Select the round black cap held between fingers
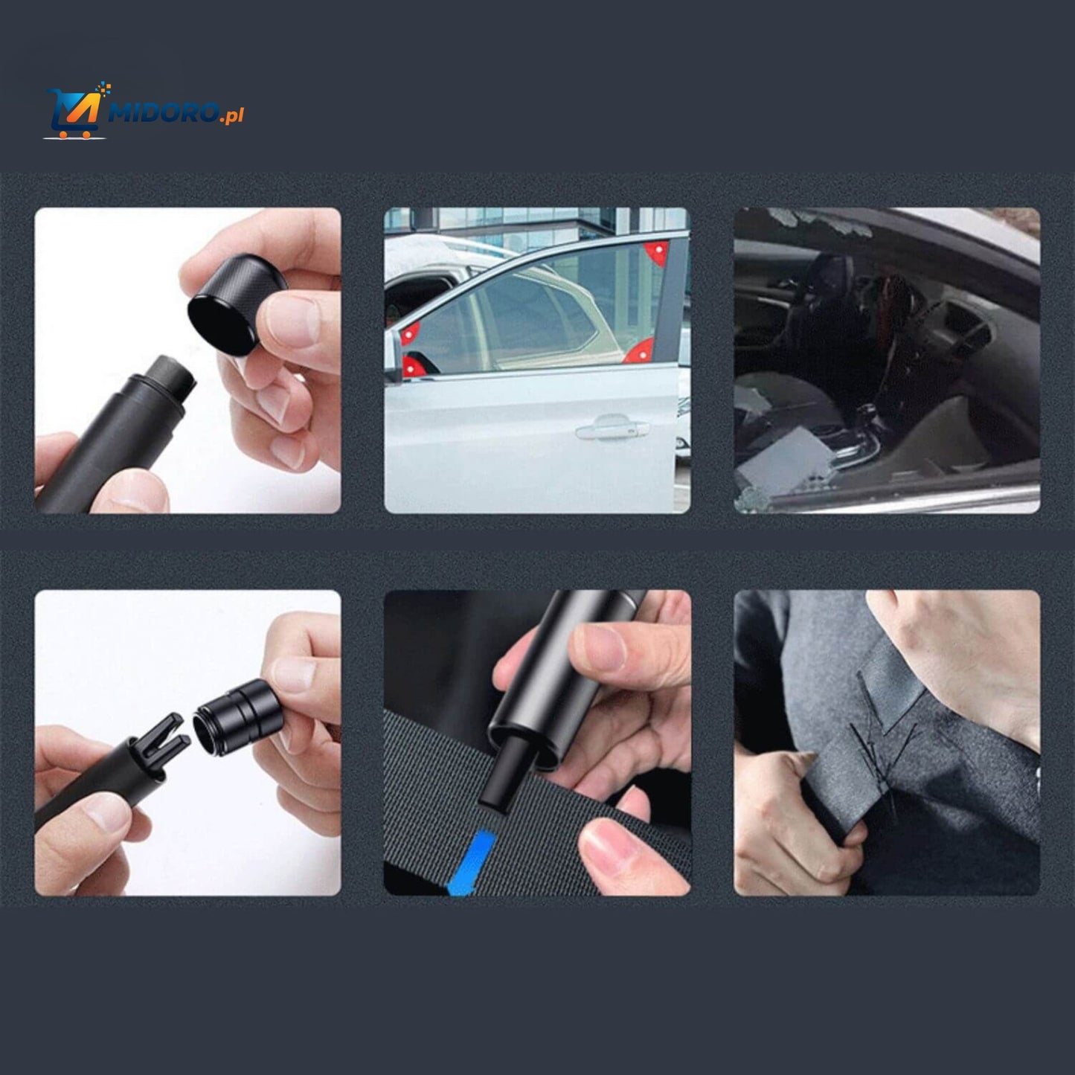click(x=223, y=304)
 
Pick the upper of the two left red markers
click(x=408, y=334)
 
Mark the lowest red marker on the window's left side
click(x=409, y=364)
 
